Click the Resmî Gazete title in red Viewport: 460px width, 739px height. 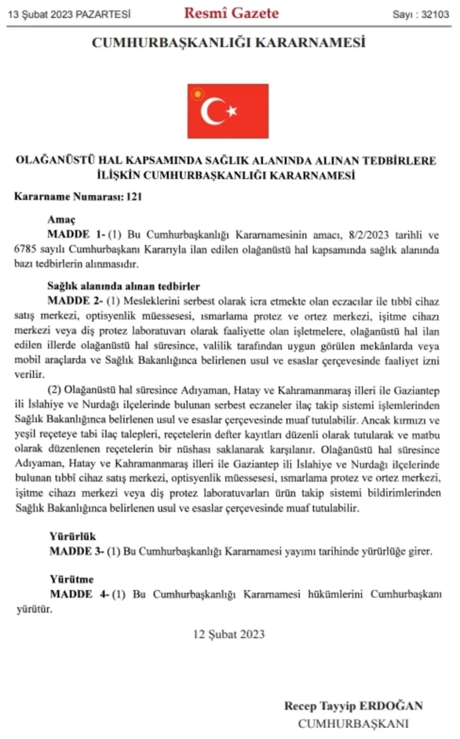pyautogui.click(x=231, y=14)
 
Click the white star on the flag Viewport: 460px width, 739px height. pyautogui.click(x=231, y=111)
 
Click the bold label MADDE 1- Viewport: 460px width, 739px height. pyautogui.click(x=76, y=234)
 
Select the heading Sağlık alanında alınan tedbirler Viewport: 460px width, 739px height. pyautogui.click(x=124, y=286)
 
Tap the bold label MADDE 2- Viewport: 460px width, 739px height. pyautogui.click(x=75, y=301)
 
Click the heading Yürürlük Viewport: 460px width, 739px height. pyautogui.click(x=73, y=537)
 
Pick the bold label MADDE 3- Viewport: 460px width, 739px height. pyautogui.click(x=77, y=551)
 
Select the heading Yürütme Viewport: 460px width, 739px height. pyautogui.click(x=72, y=579)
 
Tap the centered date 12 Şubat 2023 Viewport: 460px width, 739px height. pyautogui.click(x=229, y=634)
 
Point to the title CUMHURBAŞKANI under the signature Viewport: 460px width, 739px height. pyautogui.click(x=353, y=723)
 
